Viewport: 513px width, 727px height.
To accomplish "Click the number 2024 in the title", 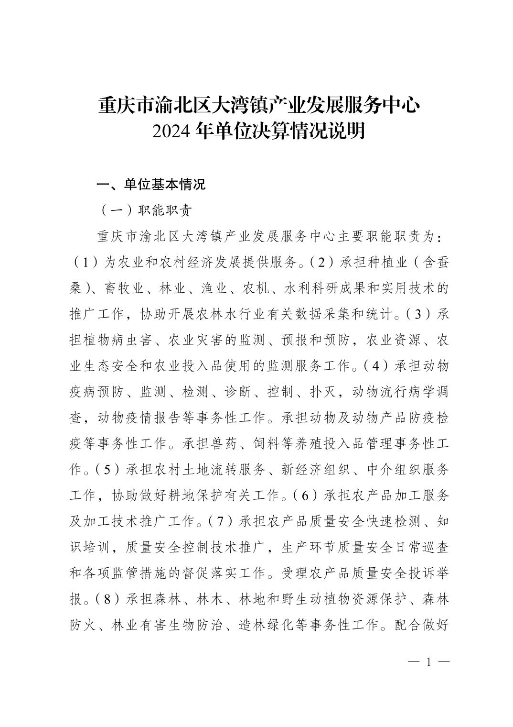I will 172,131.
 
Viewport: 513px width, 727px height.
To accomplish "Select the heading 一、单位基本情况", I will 151,184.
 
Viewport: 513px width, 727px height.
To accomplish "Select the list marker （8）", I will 109,598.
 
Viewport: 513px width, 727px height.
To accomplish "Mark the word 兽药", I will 224,444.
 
